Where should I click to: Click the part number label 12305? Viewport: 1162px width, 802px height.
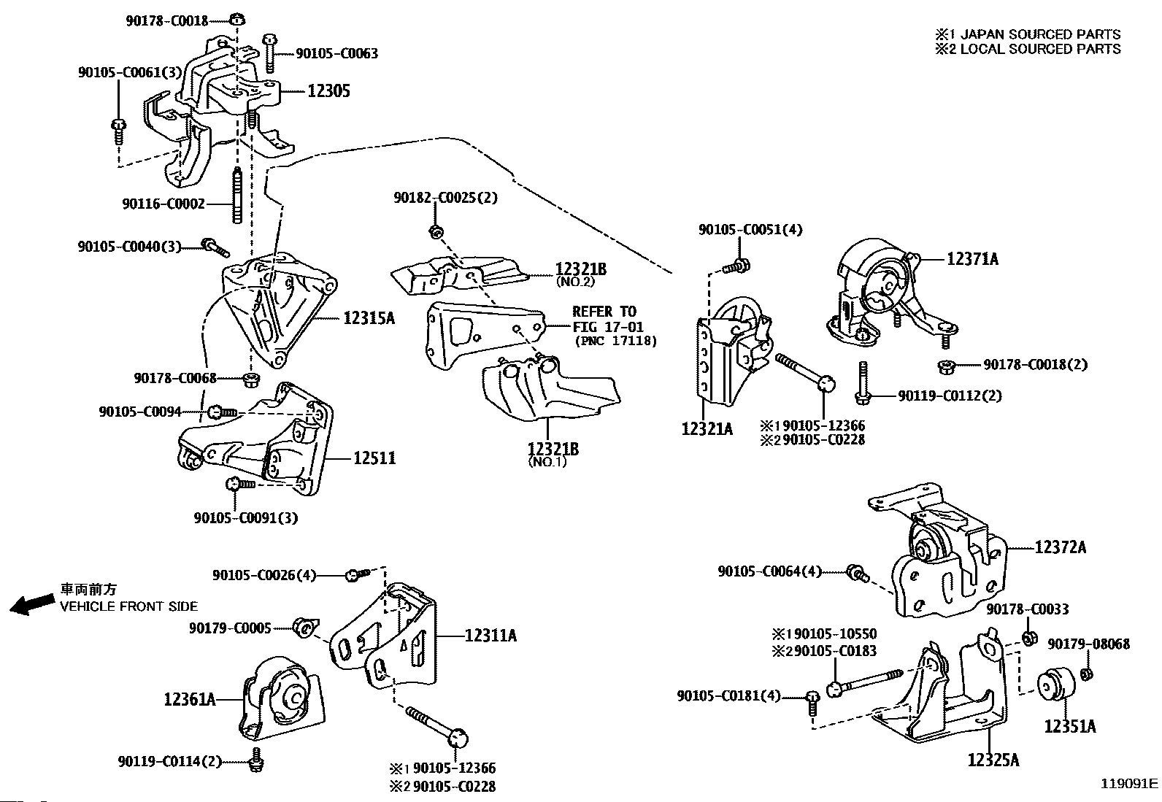(x=328, y=91)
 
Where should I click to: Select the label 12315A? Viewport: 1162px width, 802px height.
(x=369, y=317)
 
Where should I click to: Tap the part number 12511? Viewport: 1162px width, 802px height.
(x=374, y=458)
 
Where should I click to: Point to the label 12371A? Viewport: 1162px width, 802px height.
(x=972, y=258)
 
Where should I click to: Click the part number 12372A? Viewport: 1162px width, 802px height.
(x=1060, y=547)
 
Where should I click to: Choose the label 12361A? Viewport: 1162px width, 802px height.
(x=190, y=699)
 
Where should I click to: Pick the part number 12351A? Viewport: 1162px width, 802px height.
(x=1069, y=726)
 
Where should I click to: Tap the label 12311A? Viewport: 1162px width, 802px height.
(x=490, y=636)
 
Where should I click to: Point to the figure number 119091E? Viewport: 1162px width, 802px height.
(x=1129, y=784)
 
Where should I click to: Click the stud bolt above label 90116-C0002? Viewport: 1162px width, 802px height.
(x=238, y=196)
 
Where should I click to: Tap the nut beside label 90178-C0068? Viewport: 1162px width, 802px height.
(x=250, y=378)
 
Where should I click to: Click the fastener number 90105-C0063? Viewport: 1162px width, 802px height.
(x=336, y=53)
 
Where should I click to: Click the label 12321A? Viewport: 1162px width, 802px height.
(x=707, y=428)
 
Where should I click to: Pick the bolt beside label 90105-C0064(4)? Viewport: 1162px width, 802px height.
(x=857, y=573)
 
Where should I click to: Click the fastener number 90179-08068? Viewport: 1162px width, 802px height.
(x=1088, y=644)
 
